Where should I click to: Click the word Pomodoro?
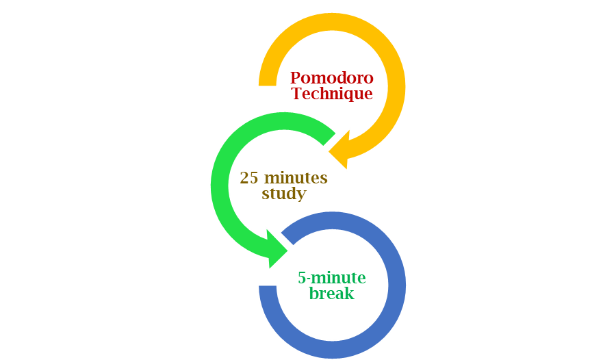[332, 78]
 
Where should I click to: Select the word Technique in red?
[332, 94]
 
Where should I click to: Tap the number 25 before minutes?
[249, 179]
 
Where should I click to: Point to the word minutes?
[296, 179]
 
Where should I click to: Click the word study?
[283, 194]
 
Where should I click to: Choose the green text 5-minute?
[332, 279]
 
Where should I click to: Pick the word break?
[332, 294]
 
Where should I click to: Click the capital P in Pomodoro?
[296, 78]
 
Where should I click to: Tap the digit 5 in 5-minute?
[302, 279]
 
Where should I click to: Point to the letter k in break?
[350, 294]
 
